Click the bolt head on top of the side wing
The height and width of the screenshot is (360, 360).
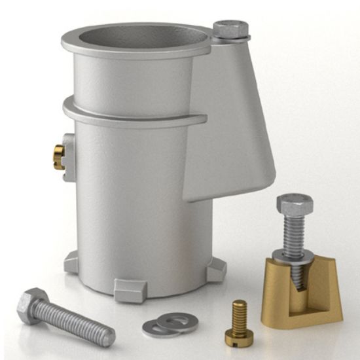(230, 29)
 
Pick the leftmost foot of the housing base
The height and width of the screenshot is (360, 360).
(71, 262)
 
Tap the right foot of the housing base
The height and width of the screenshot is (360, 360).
(216, 270)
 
